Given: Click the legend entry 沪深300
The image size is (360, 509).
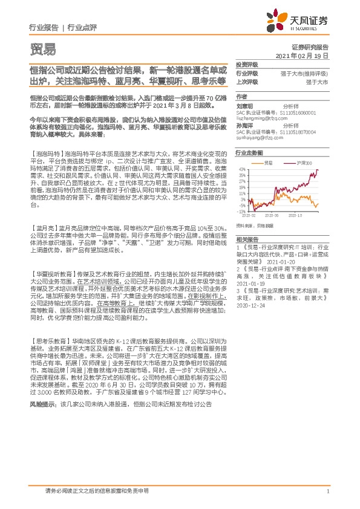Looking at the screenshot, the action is pos(303,163).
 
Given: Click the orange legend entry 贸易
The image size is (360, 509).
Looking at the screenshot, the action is pos(269,163).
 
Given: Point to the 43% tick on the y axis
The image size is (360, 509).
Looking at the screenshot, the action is pos(241,169).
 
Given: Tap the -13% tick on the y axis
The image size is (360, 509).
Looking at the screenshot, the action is pos(241,212).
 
